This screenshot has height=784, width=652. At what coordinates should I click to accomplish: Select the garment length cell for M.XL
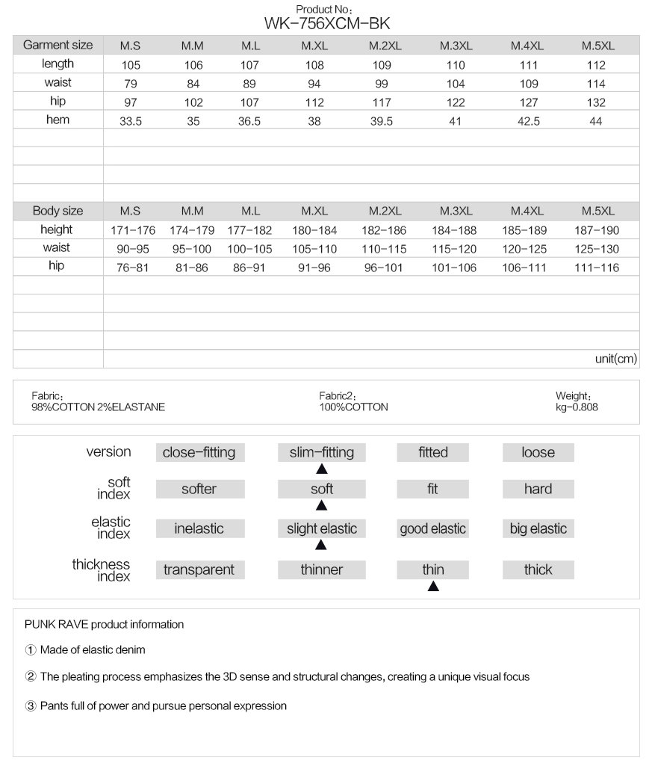point(314,65)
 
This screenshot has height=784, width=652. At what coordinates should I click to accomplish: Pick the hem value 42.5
point(527,121)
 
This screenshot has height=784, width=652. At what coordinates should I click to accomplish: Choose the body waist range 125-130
point(597,250)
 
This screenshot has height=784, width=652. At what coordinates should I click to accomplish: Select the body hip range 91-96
point(314,268)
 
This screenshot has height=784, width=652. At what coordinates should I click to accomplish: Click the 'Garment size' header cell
point(58,45)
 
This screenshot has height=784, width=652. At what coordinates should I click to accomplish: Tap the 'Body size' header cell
point(58,212)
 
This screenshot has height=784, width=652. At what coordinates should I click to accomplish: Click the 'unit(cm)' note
point(616,359)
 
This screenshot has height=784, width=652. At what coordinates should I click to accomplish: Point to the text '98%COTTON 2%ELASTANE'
point(98,408)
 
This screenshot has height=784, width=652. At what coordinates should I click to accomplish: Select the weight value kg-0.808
point(577,408)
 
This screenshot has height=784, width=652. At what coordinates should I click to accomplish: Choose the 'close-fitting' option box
point(199,452)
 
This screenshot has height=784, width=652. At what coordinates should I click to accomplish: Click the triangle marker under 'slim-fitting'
point(322,470)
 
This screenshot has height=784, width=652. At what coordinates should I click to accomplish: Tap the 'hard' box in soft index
point(538,490)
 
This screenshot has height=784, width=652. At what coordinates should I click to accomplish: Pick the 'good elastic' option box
point(433,529)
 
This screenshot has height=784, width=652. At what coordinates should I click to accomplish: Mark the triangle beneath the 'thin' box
point(433,587)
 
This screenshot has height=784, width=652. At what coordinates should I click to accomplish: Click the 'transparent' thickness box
point(199,570)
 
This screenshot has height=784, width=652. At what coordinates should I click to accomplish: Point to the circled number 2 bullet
point(31,677)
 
